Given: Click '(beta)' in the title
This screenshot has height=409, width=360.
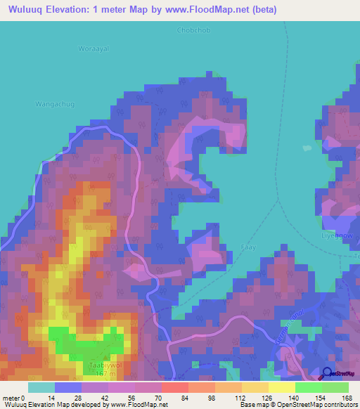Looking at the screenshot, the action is point(264,10).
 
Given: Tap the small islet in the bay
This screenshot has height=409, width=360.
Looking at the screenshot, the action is point(306,148).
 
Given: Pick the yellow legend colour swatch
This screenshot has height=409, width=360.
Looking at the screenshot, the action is point(281,387).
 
